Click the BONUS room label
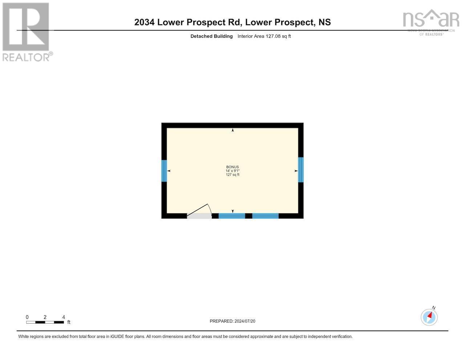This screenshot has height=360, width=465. point(232,167)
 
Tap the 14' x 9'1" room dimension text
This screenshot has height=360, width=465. point(232,171)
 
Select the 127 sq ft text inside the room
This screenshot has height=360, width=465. point(232,175)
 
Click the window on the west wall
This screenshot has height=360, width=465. point(164,171)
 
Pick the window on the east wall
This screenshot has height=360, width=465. point(301,170)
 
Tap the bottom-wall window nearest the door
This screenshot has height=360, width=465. point(232,216)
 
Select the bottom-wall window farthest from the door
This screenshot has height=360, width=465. point(265,216)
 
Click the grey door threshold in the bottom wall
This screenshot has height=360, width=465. point(199,216)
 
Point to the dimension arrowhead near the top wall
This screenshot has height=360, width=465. point(232,130)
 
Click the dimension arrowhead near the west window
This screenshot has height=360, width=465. point(169,171)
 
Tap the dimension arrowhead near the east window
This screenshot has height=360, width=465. point(296,171)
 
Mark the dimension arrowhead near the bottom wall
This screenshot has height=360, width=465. point(232,211)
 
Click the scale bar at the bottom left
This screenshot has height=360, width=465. point(45,322)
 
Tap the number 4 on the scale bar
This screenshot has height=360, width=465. point(64,317)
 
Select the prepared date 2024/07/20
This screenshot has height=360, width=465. point(245,321)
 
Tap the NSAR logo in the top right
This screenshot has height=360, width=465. point(431,22)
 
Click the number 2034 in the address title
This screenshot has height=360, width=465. point(144,22)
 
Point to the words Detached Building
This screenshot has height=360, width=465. point(211,36)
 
